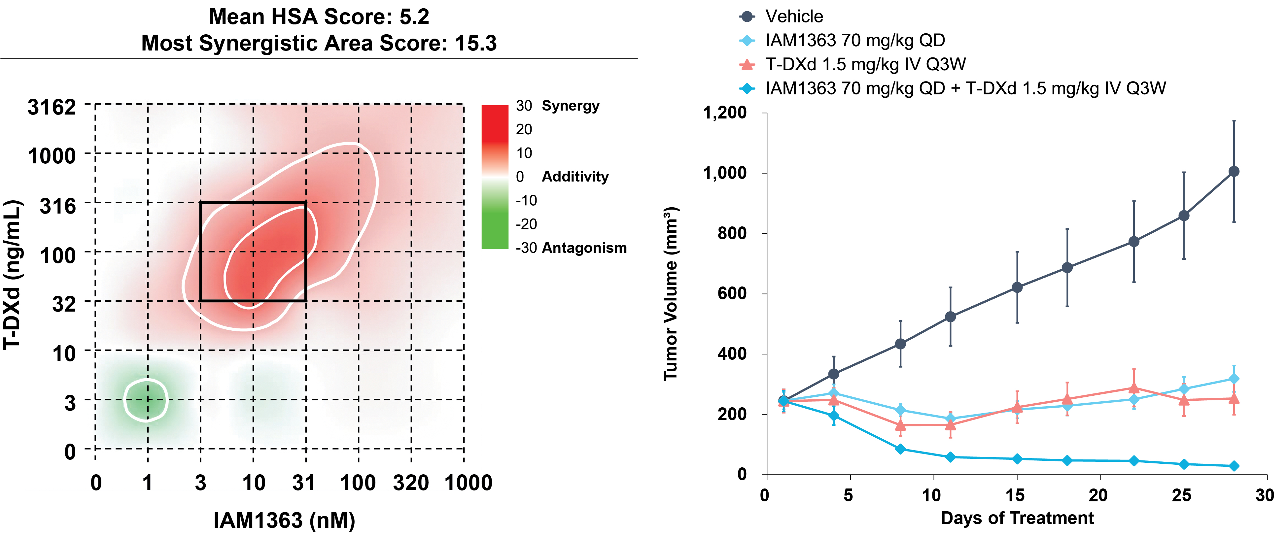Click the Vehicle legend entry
[x=781, y=17]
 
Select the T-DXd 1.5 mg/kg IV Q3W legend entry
[x=853, y=64]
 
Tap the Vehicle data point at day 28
[x=1234, y=172]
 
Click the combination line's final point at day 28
[x=1234, y=466]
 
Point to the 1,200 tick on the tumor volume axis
[x=725, y=113]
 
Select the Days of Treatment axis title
[x=1017, y=518]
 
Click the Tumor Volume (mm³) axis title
[x=671, y=294]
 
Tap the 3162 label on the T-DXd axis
[x=52, y=107]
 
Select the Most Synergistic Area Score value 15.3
[x=475, y=43]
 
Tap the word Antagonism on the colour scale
[x=584, y=248]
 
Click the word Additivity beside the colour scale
[x=575, y=177]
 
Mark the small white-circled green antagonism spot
[x=146, y=400]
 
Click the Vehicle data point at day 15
[x=1017, y=287]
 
